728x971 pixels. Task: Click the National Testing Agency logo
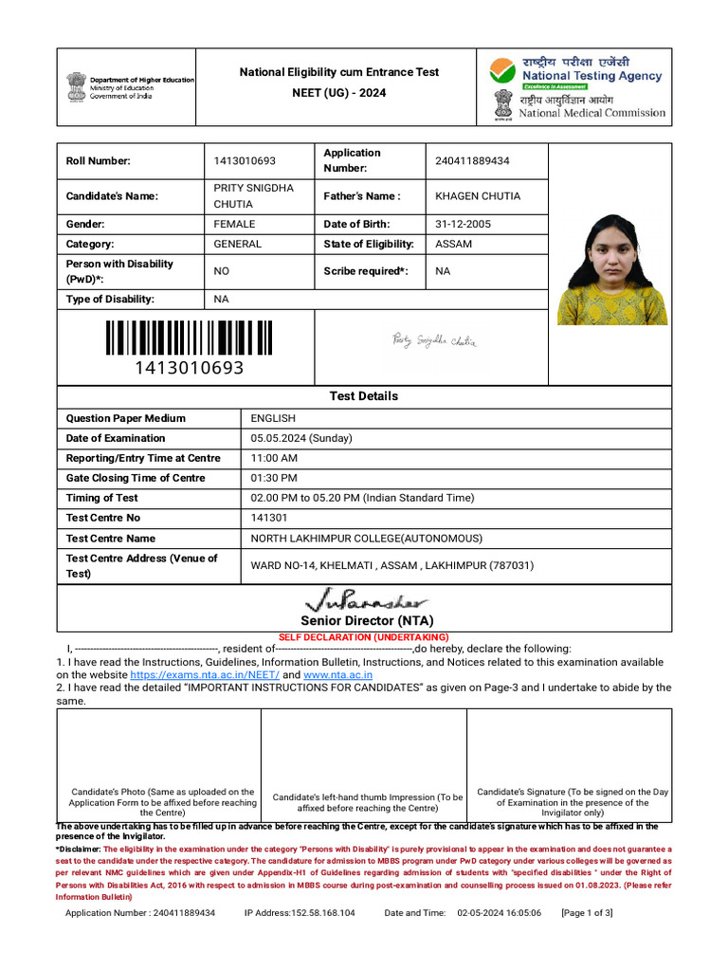[575, 72]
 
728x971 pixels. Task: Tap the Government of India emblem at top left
[76, 86]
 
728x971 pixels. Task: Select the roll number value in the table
[245, 161]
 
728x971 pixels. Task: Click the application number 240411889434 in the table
[472, 161]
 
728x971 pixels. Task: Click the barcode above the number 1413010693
[189, 339]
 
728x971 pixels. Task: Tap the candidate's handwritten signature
[435, 340]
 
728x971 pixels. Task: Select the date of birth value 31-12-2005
[464, 225]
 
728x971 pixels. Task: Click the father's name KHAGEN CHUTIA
[478, 196]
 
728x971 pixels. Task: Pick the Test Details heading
[363, 396]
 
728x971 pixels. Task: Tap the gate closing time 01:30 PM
[274, 478]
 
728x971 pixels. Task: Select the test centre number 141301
[268, 518]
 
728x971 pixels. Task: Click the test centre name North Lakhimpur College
[366, 539]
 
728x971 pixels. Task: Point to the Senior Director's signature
[365, 600]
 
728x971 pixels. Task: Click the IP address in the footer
[300, 913]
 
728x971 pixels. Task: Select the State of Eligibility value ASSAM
[453, 245]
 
